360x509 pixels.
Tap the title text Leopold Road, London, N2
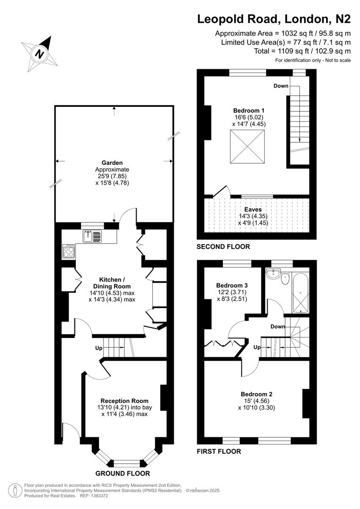point(274,19)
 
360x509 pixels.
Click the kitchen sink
point(92,236)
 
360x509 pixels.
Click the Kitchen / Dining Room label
point(112,283)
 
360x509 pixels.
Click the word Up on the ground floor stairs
point(99,348)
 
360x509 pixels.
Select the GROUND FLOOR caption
point(123,473)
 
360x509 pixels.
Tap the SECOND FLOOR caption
point(223,246)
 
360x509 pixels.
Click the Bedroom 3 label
point(232,286)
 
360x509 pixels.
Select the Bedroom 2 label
point(256,394)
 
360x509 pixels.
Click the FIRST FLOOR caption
point(219,451)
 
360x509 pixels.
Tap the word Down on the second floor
point(281,86)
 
